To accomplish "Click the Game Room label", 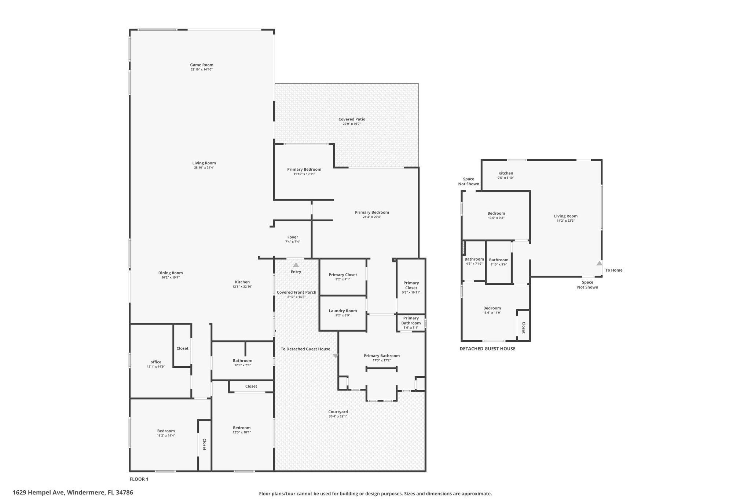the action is [202, 65].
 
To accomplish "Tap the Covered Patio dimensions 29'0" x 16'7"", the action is [352, 124].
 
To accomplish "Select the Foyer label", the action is [293, 237].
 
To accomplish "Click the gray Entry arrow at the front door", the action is [296, 265].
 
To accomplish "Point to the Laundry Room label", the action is [343, 311].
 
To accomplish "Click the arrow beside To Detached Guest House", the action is [336, 356].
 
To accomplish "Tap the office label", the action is [156, 362].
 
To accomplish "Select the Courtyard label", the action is [338, 412].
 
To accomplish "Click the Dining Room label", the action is [171, 273].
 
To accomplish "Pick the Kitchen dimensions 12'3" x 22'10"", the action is [242, 287].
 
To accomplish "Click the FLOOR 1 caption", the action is [139, 479].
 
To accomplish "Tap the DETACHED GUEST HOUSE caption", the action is [487, 349].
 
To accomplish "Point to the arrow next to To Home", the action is [599, 263].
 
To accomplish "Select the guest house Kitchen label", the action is [506, 173].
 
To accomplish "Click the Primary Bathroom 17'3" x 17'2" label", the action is [382, 356].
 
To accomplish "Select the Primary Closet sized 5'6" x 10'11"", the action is [411, 285].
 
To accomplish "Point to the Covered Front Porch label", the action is [296, 292].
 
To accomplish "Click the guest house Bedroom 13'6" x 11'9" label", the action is [492, 308].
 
